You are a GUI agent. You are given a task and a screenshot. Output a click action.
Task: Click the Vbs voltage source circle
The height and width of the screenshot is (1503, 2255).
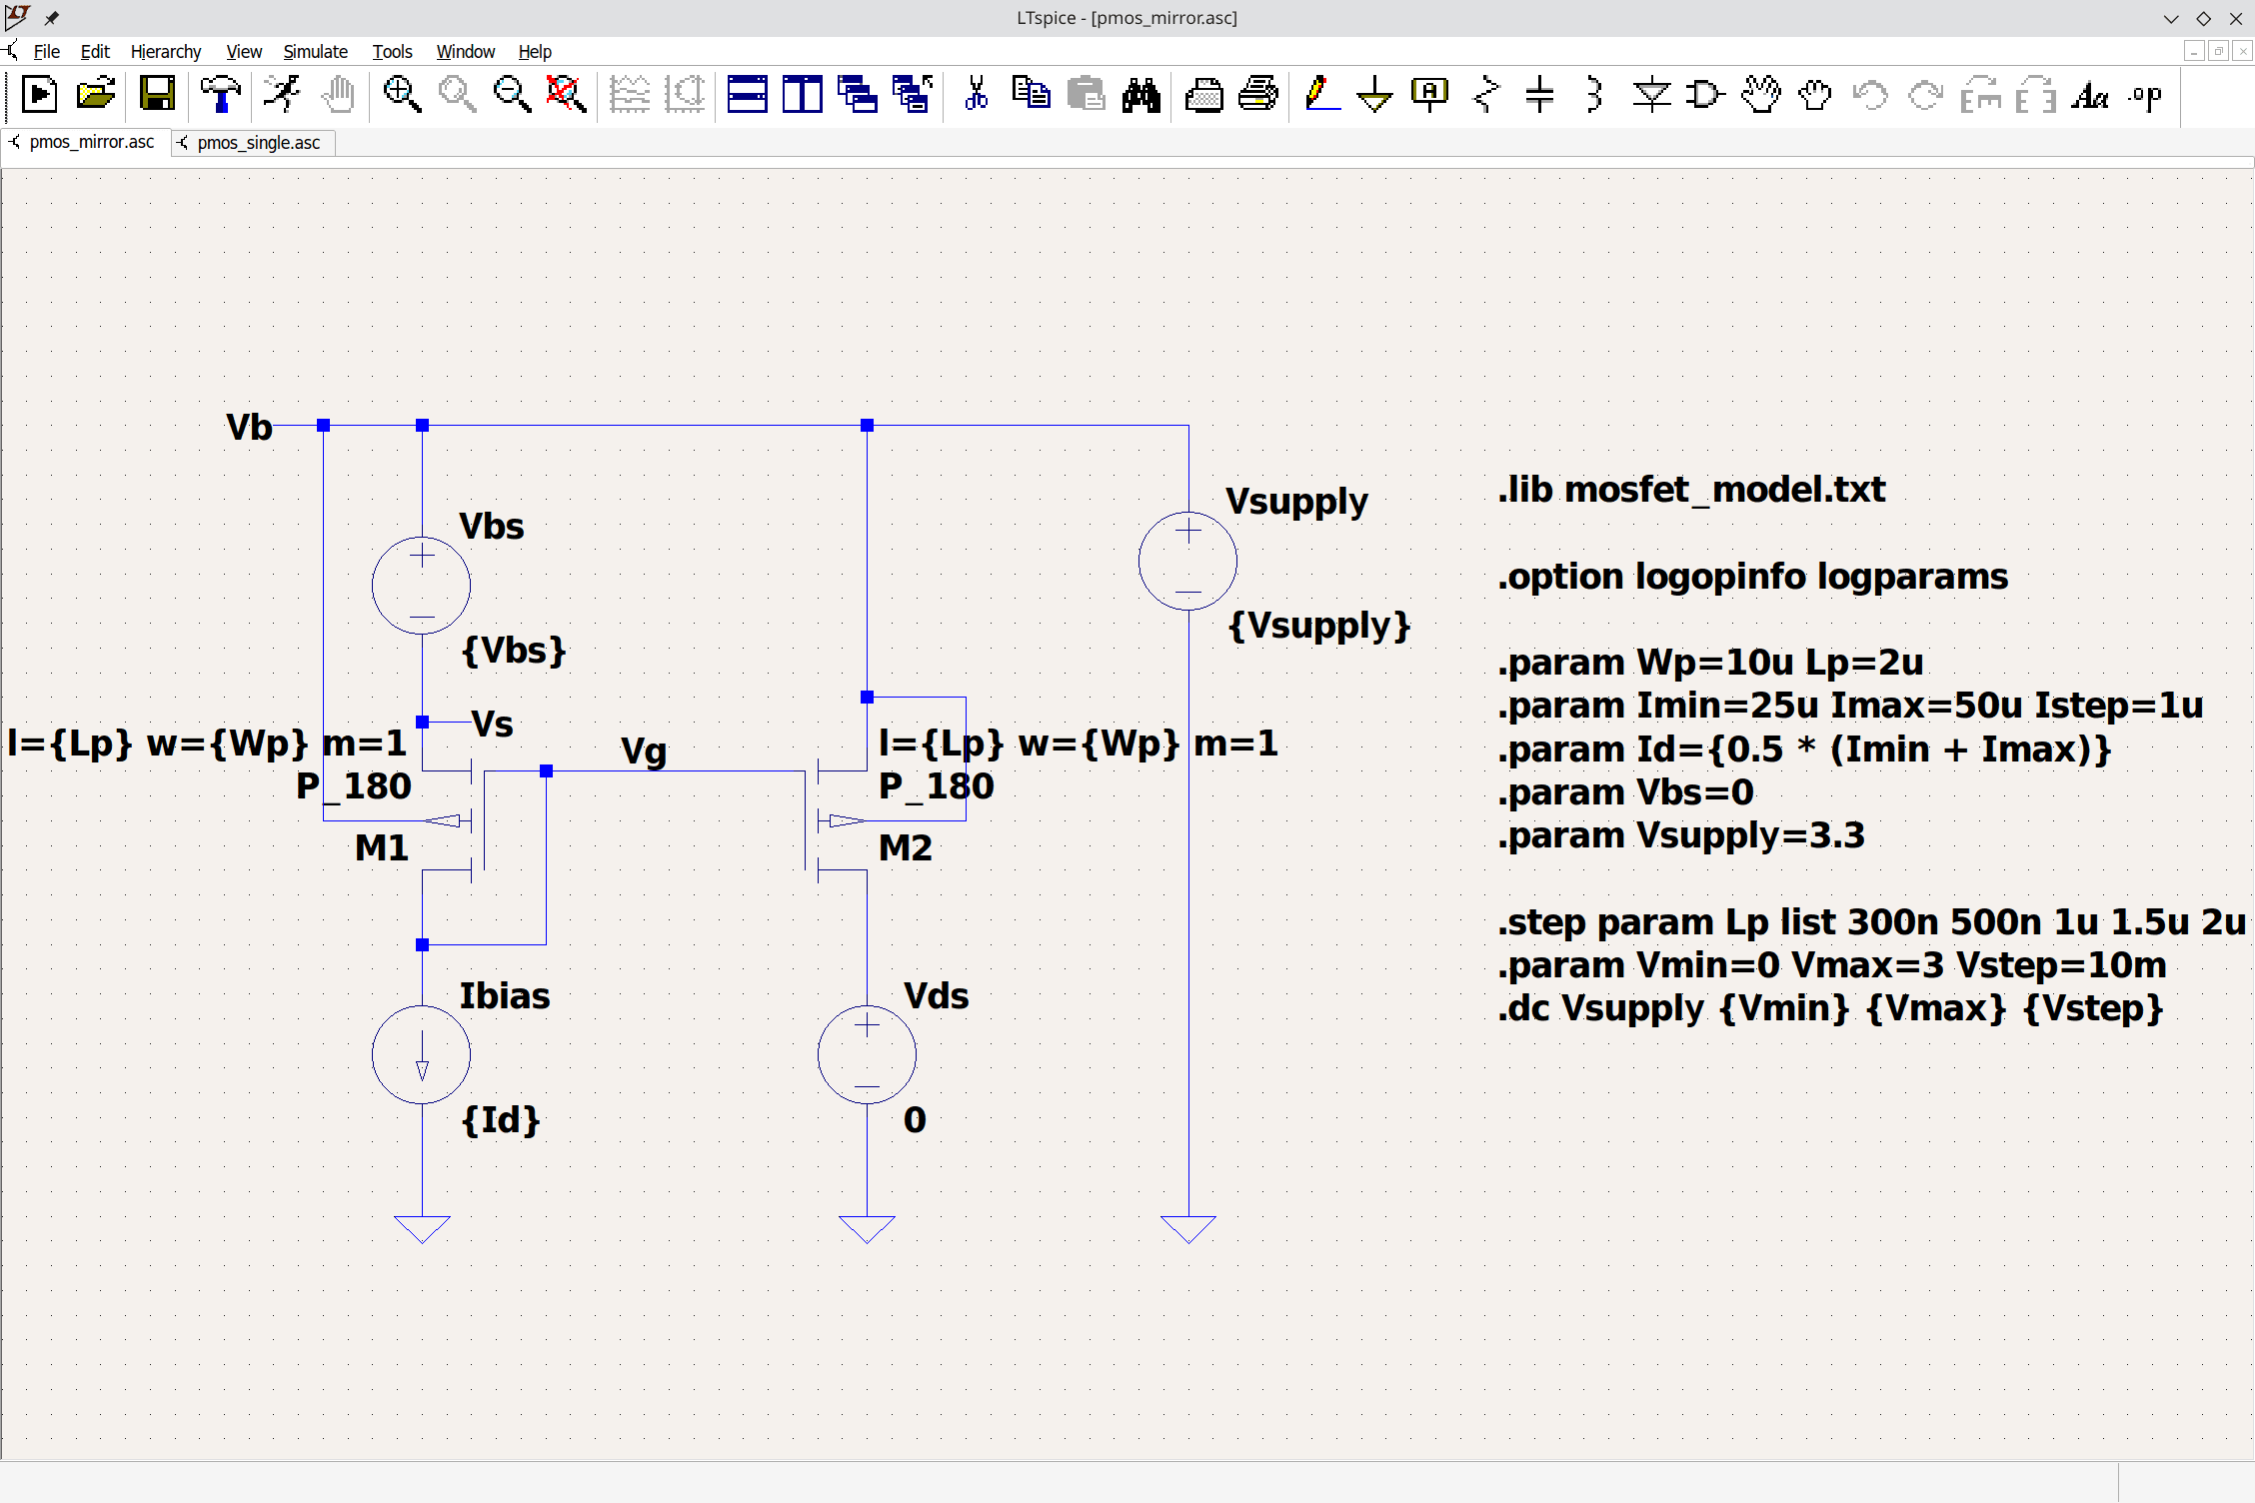point(421,586)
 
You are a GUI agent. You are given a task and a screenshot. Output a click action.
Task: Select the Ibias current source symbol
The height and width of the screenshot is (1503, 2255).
point(421,1054)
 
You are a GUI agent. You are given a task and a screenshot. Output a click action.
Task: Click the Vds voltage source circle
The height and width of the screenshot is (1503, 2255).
point(867,1054)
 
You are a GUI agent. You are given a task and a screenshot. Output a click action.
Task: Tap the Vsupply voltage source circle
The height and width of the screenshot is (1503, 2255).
point(1187,561)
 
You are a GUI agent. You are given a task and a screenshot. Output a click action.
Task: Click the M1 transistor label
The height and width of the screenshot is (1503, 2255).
point(382,848)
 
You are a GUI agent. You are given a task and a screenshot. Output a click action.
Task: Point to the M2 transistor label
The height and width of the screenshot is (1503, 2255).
point(906,848)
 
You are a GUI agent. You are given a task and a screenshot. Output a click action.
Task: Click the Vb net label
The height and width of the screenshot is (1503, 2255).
point(249,428)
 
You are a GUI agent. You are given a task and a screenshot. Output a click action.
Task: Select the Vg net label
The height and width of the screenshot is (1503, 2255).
point(644,751)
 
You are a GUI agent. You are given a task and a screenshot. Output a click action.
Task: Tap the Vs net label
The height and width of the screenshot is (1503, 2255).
point(493,724)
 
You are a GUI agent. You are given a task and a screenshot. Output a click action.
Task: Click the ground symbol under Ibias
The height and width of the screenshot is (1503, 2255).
point(422,1228)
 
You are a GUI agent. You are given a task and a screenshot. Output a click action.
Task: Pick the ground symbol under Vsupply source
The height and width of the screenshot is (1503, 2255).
point(1187,1228)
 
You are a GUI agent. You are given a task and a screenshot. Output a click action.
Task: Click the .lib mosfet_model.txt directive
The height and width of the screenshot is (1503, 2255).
point(1691,490)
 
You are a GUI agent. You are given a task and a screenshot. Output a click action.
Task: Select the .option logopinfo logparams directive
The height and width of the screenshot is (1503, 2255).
point(1752,577)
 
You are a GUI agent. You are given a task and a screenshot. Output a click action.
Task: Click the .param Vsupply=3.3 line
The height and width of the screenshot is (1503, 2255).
point(1680,835)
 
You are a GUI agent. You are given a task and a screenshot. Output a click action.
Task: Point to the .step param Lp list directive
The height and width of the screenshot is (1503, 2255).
point(1870,921)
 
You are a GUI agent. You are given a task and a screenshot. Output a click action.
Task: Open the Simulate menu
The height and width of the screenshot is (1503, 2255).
point(315,52)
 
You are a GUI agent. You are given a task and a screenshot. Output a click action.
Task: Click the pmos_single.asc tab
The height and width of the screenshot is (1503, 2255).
point(258,143)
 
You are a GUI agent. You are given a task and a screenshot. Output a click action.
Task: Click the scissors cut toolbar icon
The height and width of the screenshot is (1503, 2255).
point(976,95)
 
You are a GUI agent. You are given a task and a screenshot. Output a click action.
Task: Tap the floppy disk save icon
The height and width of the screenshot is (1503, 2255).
point(158,95)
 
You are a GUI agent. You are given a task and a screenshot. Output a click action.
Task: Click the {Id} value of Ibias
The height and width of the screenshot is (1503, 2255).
point(501,1120)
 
